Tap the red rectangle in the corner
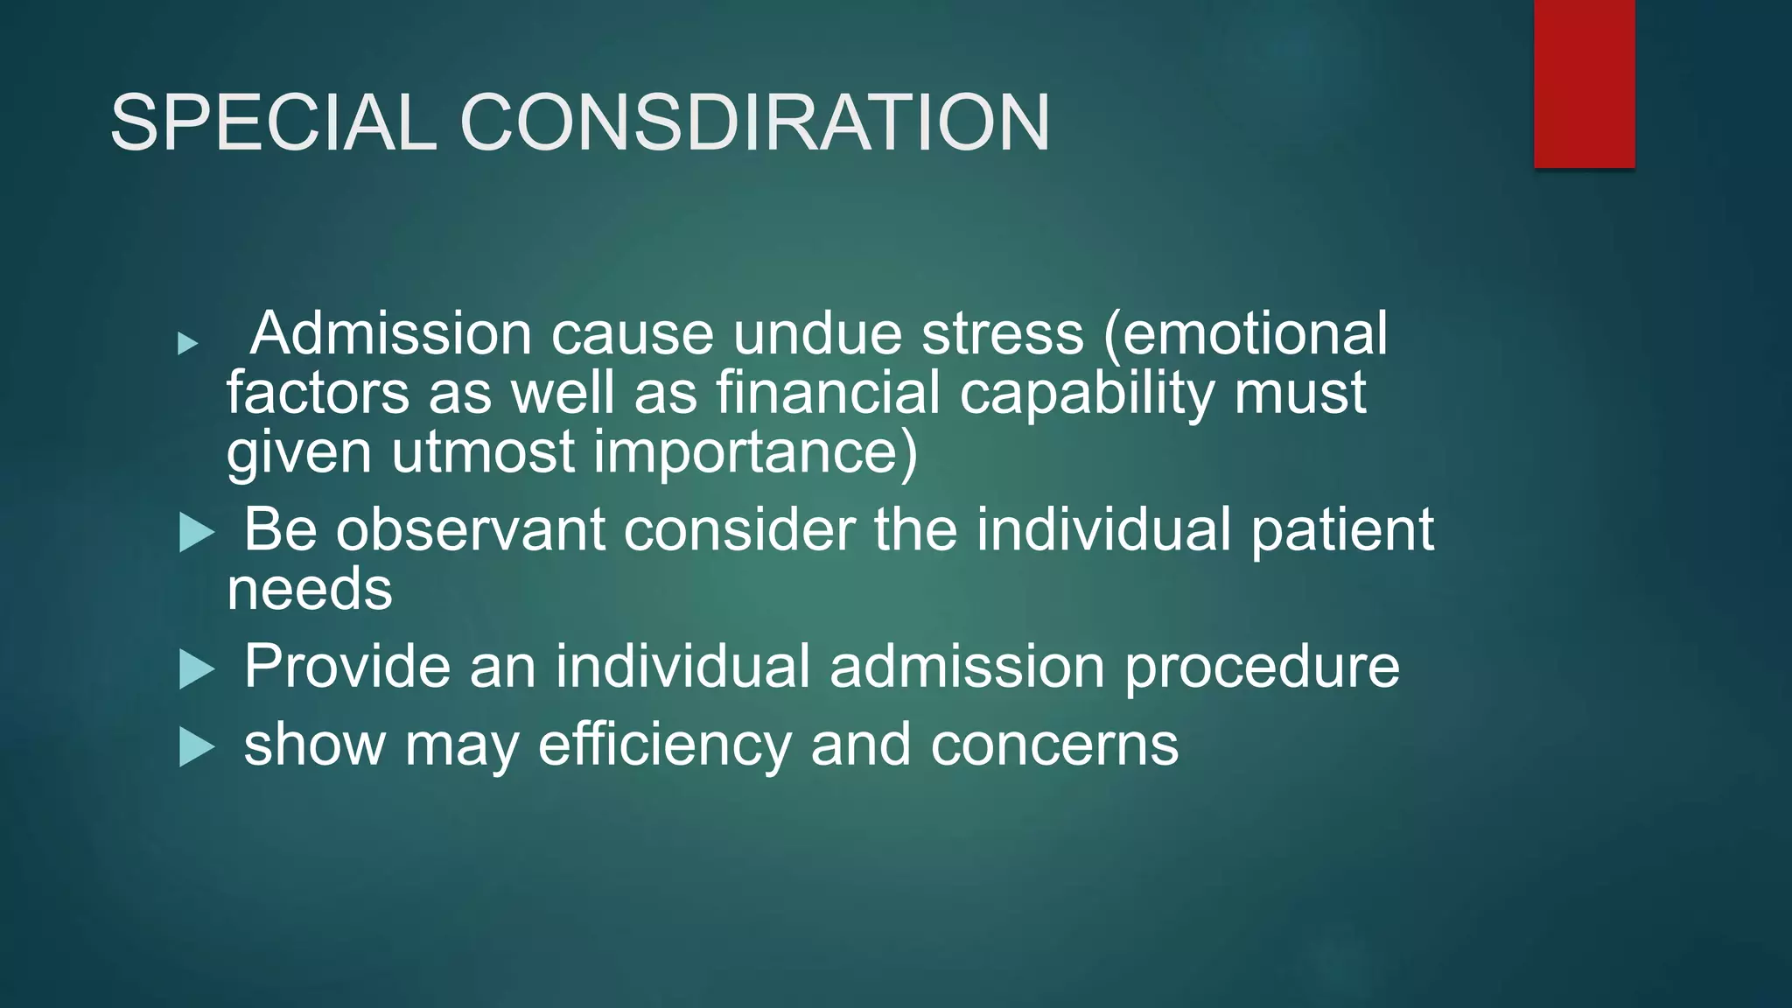tap(1584, 83)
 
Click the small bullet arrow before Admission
tap(187, 343)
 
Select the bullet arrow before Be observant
tap(197, 532)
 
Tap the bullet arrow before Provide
tap(197, 669)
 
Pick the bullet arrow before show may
tap(197, 747)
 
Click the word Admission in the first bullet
tap(391, 333)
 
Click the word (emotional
tap(1246, 333)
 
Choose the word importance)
tap(756, 453)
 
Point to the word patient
tap(1342, 531)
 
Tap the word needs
tap(310, 589)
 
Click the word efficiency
tap(665, 745)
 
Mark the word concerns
tap(1054, 745)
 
